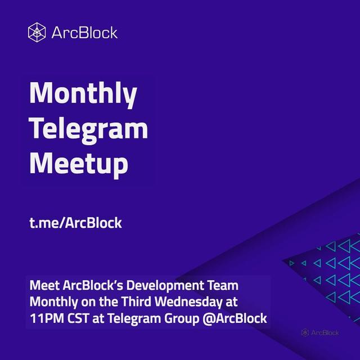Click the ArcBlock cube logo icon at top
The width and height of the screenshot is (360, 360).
(x=37, y=33)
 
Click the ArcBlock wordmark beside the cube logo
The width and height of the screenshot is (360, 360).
(x=84, y=33)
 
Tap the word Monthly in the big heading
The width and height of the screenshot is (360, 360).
(x=83, y=94)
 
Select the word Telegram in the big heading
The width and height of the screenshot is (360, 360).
(x=88, y=129)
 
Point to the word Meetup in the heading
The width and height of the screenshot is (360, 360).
(x=79, y=165)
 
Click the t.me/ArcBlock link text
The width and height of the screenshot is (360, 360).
(x=75, y=223)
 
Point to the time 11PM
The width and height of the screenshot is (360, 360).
(x=47, y=319)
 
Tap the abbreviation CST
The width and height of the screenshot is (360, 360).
(x=78, y=319)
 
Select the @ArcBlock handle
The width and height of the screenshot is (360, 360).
(x=235, y=319)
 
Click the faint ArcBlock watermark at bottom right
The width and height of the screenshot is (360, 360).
(x=320, y=332)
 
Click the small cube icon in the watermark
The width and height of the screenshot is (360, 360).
(x=305, y=332)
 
